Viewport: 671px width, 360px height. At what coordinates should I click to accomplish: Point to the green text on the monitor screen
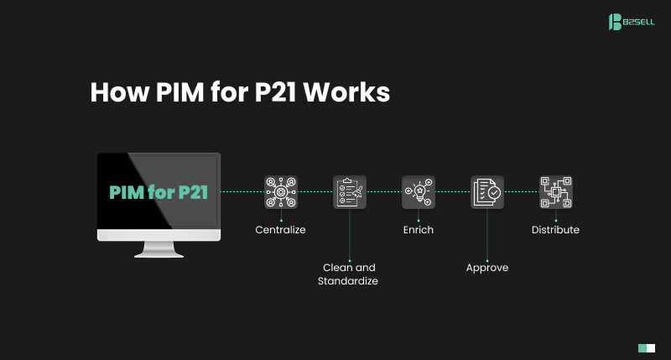click(x=159, y=191)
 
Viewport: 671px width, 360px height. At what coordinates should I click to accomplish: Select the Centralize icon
click(x=280, y=192)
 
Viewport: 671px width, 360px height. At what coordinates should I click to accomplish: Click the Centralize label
click(x=280, y=229)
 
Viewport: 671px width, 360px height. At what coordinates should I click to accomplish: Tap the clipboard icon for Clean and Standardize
click(x=349, y=192)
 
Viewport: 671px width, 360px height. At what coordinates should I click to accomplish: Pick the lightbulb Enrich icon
click(x=418, y=192)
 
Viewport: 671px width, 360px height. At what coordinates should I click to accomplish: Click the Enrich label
click(x=418, y=229)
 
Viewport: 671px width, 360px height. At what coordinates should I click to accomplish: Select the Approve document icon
click(x=487, y=192)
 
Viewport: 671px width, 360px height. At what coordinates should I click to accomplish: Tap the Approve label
click(x=487, y=268)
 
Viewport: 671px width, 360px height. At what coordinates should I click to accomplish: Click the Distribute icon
click(x=555, y=192)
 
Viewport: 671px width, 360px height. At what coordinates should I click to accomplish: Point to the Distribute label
click(x=555, y=229)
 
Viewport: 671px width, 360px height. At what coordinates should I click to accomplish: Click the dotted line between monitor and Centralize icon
click(x=242, y=192)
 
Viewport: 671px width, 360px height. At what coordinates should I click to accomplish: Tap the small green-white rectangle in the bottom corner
click(x=646, y=347)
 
